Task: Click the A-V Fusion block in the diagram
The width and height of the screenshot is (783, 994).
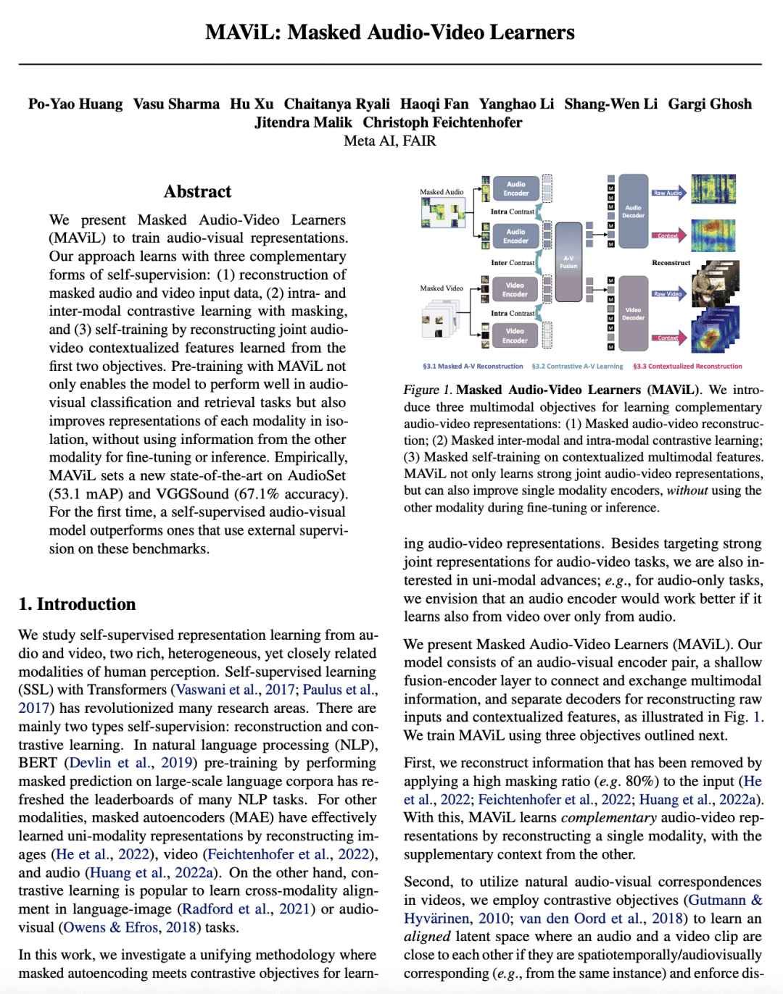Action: [x=568, y=262]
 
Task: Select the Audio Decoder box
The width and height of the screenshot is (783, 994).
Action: [x=633, y=211]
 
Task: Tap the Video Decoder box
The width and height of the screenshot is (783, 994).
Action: [x=633, y=313]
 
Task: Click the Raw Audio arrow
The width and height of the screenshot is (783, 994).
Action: [x=668, y=193]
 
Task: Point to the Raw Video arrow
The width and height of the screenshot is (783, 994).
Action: [x=668, y=293]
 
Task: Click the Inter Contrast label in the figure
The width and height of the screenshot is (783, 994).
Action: [x=513, y=262]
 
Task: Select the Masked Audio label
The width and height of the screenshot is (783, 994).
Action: [x=442, y=192]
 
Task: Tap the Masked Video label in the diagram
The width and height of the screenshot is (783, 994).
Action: [x=442, y=288]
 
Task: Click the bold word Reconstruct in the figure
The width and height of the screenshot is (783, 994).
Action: [x=671, y=262]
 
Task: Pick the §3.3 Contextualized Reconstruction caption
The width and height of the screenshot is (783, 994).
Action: [x=687, y=367]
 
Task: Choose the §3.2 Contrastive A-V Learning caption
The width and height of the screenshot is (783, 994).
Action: [x=577, y=367]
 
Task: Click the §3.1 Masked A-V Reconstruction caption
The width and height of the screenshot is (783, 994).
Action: [x=473, y=367]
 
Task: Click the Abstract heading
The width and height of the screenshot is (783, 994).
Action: [x=198, y=191]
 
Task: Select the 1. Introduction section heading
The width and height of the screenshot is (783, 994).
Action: [x=77, y=604]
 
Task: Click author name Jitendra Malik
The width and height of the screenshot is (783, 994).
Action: [x=303, y=122]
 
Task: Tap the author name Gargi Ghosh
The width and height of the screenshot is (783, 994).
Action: [x=710, y=104]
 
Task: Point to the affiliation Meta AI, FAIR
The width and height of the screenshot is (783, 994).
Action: [x=390, y=141]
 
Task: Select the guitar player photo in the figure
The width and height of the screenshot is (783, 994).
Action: [x=716, y=286]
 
